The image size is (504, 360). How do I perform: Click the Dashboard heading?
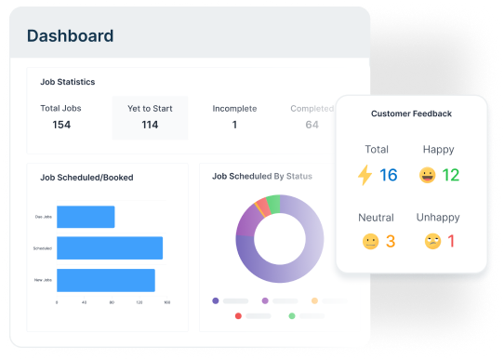pyautogui.click(x=71, y=36)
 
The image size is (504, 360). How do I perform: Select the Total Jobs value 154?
pyautogui.click(x=61, y=125)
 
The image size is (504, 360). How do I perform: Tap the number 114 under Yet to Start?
pyautogui.click(x=150, y=125)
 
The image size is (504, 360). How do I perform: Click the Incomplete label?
pyautogui.click(x=234, y=108)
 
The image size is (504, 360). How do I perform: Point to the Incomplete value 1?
pyautogui.click(x=234, y=125)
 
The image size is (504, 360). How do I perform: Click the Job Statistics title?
pyautogui.click(x=68, y=82)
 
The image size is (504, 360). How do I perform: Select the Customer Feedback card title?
pyautogui.click(x=411, y=113)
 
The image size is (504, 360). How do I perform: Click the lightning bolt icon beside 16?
pyautogui.click(x=365, y=175)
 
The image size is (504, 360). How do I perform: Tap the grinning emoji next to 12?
pyautogui.click(x=427, y=175)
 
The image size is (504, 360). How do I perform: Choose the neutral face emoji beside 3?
pyautogui.click(x=371, y=242)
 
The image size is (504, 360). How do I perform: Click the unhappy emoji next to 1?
pyautogui.click(x=432, y=242)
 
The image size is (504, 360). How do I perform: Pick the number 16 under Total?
pyautogui.click(x=388, y=175)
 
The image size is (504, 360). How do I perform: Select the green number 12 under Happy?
pyautogui.click(x=451, y=175)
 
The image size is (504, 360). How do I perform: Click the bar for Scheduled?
pyautogui.click(x=110, y=248)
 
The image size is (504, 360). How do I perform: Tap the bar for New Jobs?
pyautogui.click(x=105, y=280)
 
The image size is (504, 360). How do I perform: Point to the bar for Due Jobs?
pyautogui.click(x=86, y=217)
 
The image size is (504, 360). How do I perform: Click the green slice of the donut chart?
pyautogui.click(x=273, y=204)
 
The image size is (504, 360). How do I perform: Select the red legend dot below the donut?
pyautogui.click(x=239, y=316)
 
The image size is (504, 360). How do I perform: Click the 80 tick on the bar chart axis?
pyautogui.click(x=112, y=302)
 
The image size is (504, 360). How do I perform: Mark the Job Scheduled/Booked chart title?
pyautogui.click(x=86, y=177)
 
